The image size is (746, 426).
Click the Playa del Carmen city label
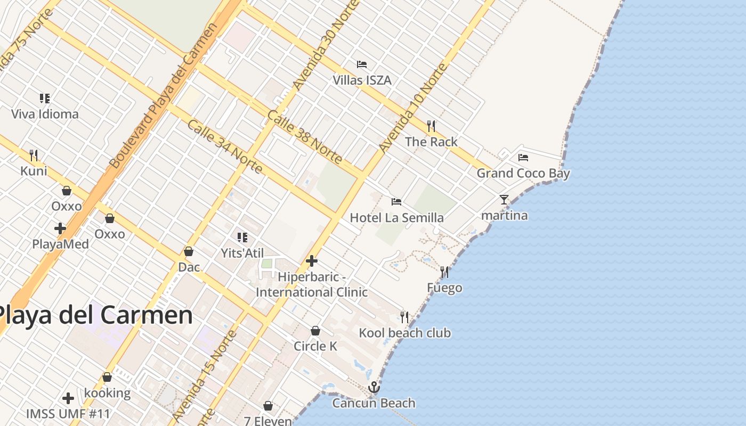96,315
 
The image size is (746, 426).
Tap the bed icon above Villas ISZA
362,64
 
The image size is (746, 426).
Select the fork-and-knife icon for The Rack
431,126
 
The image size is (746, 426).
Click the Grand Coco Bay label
523,173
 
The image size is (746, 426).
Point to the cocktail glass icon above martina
504,200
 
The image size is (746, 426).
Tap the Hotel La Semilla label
396,217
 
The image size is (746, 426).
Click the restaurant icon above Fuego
444,272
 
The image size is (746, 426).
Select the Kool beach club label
404,333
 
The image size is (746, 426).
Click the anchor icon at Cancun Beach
374,387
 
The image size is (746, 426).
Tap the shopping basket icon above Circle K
315,331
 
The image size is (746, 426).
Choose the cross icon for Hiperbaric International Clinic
312,261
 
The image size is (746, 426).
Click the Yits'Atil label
242,252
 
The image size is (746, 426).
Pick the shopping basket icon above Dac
189,251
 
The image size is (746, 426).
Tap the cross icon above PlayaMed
60,228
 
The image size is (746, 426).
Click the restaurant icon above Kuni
34,155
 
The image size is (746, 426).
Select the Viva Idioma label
45,114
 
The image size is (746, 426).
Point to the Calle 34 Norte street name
224,146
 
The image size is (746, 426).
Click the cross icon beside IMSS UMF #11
68,398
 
